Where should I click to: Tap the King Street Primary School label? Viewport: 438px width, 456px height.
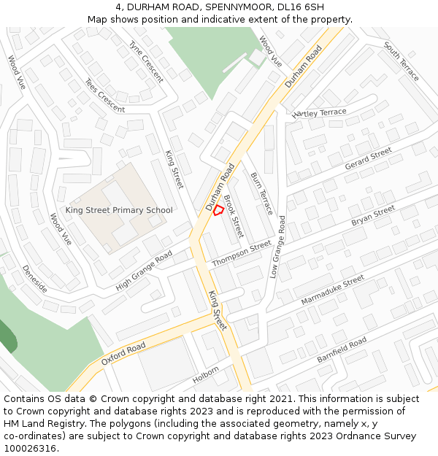pyautogui.click(x=119, y=210)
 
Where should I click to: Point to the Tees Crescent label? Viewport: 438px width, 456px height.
pyautogui.click(x=104, y=96)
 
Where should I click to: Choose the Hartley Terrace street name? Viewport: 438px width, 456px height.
pyautogui.click(x=319, y=112)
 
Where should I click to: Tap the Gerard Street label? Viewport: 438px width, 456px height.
pyautogui.click(x=368, y=160)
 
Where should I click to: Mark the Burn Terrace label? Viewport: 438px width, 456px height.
pyautogui.click(x=261, y=193)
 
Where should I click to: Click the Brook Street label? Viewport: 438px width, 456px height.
pyautogui.click(x=233, y=216)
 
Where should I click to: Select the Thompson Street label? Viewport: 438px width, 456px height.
pyautogui.click(x=241, y=254)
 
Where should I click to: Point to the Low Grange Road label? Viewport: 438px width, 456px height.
pyautogui.click(x=277, y=247)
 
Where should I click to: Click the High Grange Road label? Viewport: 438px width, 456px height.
pyautogui.click(x=144, y=270)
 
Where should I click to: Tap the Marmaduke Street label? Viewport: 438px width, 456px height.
pyautogui.click(x=332, y=290)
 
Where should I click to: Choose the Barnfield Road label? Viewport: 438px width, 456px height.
pyautogui.click(x=342, y=351)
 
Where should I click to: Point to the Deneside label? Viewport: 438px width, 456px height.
pyautogui.click(x=35, y=279)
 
